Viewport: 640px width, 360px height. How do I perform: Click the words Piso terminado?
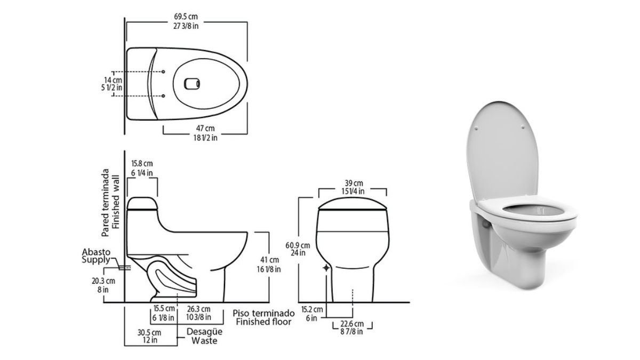(x=263, y=313)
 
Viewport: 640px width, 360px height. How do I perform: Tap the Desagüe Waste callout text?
(x=204, y=336)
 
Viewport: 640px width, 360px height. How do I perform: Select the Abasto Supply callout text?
(x=96, y=256)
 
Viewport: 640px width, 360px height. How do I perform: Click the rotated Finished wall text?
(x=115, y=202)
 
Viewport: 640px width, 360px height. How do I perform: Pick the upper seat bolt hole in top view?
(x=163, y=71)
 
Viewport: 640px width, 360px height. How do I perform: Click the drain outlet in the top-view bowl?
(x=191, y=84)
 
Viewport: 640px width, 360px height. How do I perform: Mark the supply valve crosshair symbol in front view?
(x=326, y=268)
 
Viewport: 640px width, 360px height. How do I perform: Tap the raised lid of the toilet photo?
(x=502, y=149)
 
